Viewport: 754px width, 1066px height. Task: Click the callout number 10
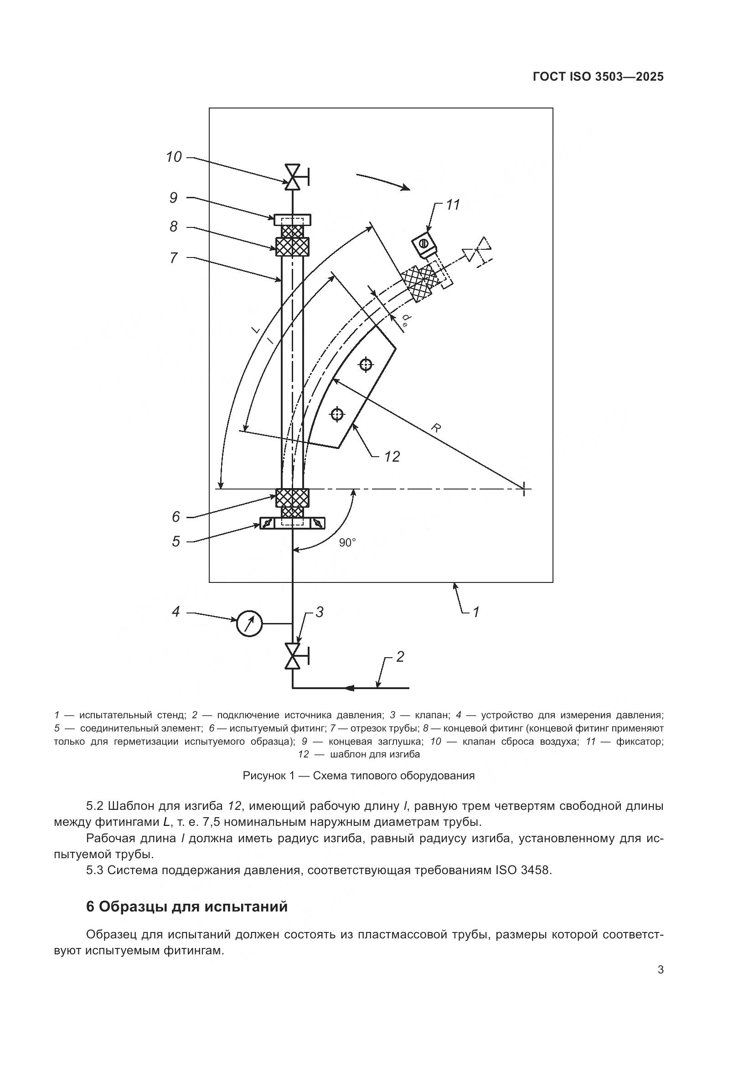tap(174, 157)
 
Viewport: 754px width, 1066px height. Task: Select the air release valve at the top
tap(293, 176)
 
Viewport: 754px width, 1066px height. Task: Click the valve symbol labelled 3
tap(293, 655)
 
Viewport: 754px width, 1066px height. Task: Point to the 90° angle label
tap(347, 543)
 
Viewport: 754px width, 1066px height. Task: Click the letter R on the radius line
tap(435, 427)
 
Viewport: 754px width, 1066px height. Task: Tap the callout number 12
tap(392, 457)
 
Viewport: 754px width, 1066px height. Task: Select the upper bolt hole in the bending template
tap(366, 365)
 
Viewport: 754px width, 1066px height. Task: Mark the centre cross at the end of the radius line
tap(524, 489)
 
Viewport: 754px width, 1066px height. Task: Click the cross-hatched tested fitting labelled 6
tap(293, 497)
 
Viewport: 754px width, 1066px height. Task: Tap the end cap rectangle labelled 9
tap(293, 219)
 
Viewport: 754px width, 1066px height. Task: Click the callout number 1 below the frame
tap(475, 612)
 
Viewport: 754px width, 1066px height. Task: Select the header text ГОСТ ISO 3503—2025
tap(598, 77)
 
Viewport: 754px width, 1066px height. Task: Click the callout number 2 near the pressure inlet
tap(400, 656)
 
